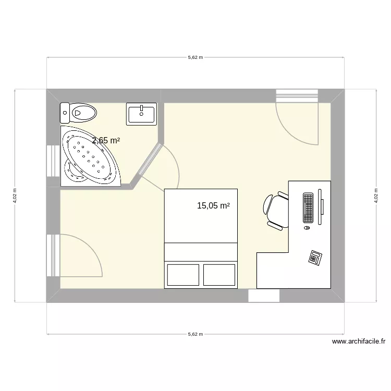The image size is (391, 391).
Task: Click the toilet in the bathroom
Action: (x=79, y=111)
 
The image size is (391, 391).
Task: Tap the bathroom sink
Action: (x=141, y=114)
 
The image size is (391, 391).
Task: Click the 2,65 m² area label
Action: (x=106, y=140)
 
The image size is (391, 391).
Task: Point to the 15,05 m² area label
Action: (x=213, y=206)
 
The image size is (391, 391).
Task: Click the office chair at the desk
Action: (x=276, y=210)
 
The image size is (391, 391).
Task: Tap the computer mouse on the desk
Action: (x=307, y=228)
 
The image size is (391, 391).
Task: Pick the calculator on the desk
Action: (x=315, y=257)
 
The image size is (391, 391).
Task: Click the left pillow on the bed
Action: (x=183, y=275)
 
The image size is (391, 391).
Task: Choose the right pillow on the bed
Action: (x=219, y=275)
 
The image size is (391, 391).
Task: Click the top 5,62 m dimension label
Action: (x=195, y=57)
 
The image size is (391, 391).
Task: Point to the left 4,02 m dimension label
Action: (x=15, y=195)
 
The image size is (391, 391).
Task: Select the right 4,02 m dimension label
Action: (x=375, y=195)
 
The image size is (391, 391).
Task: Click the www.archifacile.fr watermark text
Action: (x=358, y=342)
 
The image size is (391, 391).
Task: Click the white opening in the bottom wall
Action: (x=264, y=296)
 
